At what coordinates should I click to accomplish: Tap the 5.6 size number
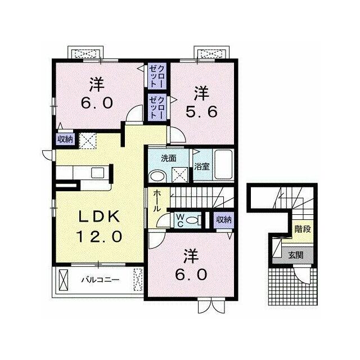[201, 112]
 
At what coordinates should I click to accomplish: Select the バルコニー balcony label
[101, 280]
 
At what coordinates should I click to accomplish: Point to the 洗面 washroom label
[169, 158]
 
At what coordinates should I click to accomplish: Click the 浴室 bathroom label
[202, 166]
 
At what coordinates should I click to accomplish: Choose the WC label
[180, 220]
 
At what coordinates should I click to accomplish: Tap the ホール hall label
[157, 201]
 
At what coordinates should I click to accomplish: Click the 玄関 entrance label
[296, 255]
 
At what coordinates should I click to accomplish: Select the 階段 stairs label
[303, 229]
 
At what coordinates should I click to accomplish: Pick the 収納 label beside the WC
[224, 220]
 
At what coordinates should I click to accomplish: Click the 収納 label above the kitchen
[65, 139]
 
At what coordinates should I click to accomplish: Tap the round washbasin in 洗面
[157, 177]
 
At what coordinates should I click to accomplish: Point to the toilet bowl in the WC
[192, 220]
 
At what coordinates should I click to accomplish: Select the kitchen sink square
[97, 173]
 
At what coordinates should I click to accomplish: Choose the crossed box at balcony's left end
[64, 280]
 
